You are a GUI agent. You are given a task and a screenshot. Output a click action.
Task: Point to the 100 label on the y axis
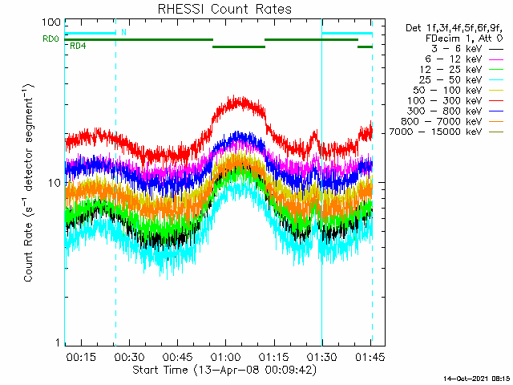click(52, 22)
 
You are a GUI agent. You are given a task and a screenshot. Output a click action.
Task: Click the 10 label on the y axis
click(55, 183)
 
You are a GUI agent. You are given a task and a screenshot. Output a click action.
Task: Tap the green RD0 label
click(50, 39)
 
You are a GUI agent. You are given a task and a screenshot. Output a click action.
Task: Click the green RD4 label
click(79, 46)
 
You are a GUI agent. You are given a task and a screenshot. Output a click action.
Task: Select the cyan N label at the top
click(123, 33)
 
